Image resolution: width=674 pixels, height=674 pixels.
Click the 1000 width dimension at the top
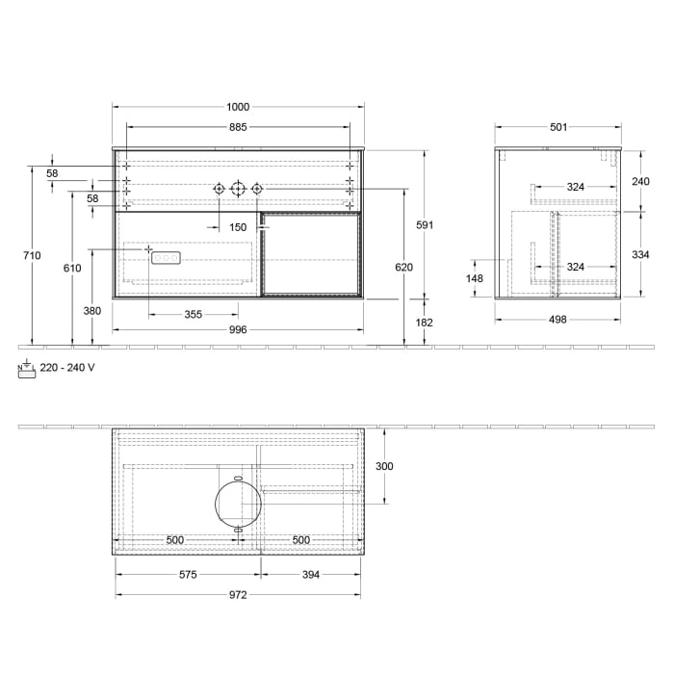pos(238,107)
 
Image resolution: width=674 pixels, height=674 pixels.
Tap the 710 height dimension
pos(32,255)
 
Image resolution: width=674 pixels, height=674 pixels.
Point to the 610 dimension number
pos(72,269)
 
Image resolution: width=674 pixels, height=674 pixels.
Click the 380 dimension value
pos(91,311)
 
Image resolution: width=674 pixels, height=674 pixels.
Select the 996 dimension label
pos(238,330)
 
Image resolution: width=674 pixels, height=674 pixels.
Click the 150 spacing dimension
pos(238,227)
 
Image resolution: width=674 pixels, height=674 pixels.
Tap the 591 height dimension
pos(425,225)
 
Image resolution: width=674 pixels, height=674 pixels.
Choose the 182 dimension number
pos(425,323)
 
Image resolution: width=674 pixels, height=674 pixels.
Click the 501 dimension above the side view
pos(557,127)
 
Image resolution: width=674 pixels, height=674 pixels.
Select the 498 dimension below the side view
pos(557,315)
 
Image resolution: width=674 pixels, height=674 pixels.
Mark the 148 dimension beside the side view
pos(475,279)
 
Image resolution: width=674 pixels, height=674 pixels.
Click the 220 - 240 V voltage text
pos(67,367)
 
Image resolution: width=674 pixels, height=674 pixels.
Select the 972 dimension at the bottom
pos(238,595)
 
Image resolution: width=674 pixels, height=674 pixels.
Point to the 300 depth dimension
pos(384,466)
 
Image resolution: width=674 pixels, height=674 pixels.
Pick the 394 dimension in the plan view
pos(310,575)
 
